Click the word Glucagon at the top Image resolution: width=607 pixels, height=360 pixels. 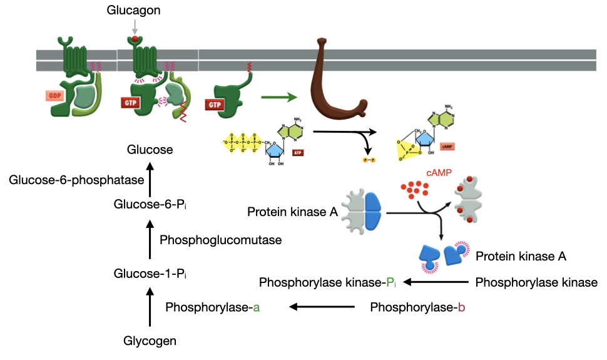[x=134, y=11]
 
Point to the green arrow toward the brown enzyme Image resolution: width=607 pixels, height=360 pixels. [x=278, y=97]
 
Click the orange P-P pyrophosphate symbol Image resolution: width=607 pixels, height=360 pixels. [x=369, y=161]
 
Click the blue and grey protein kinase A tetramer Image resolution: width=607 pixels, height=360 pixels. [x=363, y=212]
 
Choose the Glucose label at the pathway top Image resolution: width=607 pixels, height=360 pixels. [x=150, y=150]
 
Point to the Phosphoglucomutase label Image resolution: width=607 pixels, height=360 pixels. [x=220, y=239]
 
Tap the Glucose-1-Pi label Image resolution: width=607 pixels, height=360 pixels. [x=150, y=273]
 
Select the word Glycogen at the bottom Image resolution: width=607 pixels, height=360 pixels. [x=150, y=341]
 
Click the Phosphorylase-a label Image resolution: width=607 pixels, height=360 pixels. [x=213, y=307]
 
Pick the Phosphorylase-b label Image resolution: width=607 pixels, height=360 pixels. [x=417, y=307]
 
